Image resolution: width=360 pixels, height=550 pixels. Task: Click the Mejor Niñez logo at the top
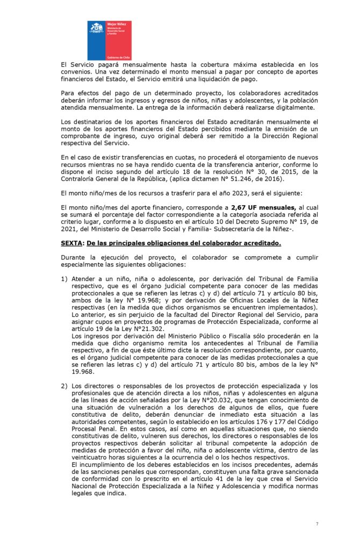pos(109,40)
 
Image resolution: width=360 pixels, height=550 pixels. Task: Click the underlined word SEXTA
pos(72,243)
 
